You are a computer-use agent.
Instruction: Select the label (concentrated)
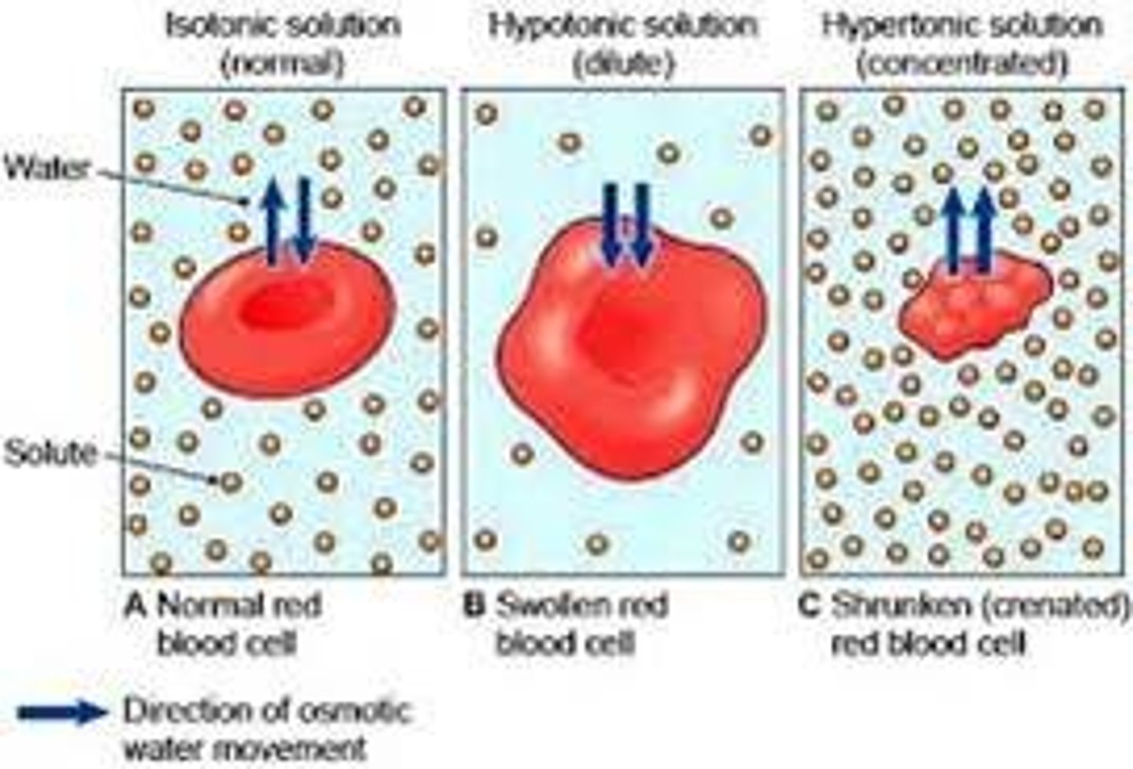961,63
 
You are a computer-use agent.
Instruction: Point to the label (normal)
282,63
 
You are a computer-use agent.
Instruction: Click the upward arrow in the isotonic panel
272,220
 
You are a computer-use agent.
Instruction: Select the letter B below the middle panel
474,606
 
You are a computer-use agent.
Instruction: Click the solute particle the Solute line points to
230,481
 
